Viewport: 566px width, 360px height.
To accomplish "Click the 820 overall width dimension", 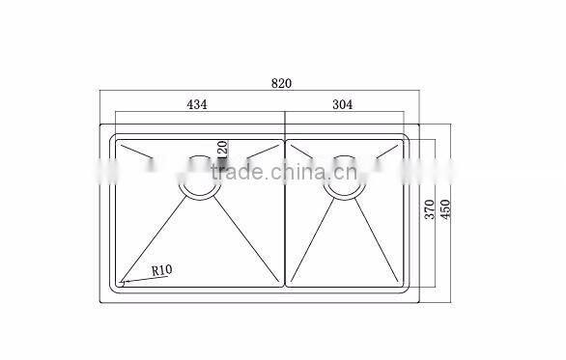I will click(x=281, y=84).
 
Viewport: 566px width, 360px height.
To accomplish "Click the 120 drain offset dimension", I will click(x=221, y=150).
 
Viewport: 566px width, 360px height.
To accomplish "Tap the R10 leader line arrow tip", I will click(x=122, y=283).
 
